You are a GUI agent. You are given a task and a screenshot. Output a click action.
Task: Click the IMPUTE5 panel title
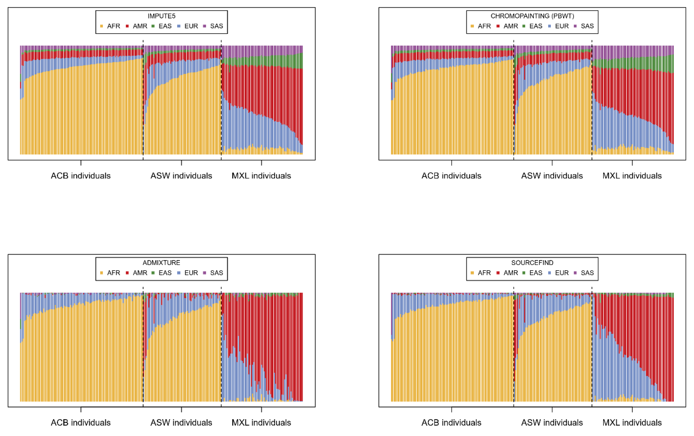(x=161, y=16)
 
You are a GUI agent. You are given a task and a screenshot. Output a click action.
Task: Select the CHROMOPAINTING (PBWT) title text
(x=532, y=16)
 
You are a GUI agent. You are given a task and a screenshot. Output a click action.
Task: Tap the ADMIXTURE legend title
(x=161, y=262)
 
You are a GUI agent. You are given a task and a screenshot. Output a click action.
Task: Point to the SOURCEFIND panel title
(x=532, y=262)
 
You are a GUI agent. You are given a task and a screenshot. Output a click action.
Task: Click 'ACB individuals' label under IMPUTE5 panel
(x=81, y=175)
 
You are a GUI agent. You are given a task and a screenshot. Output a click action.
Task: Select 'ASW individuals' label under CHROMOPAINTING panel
(x=552, y=175)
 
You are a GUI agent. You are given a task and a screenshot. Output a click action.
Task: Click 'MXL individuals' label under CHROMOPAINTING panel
(x=632, y=175)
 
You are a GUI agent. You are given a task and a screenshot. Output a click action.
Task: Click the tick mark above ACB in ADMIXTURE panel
(x=81, y=409)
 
